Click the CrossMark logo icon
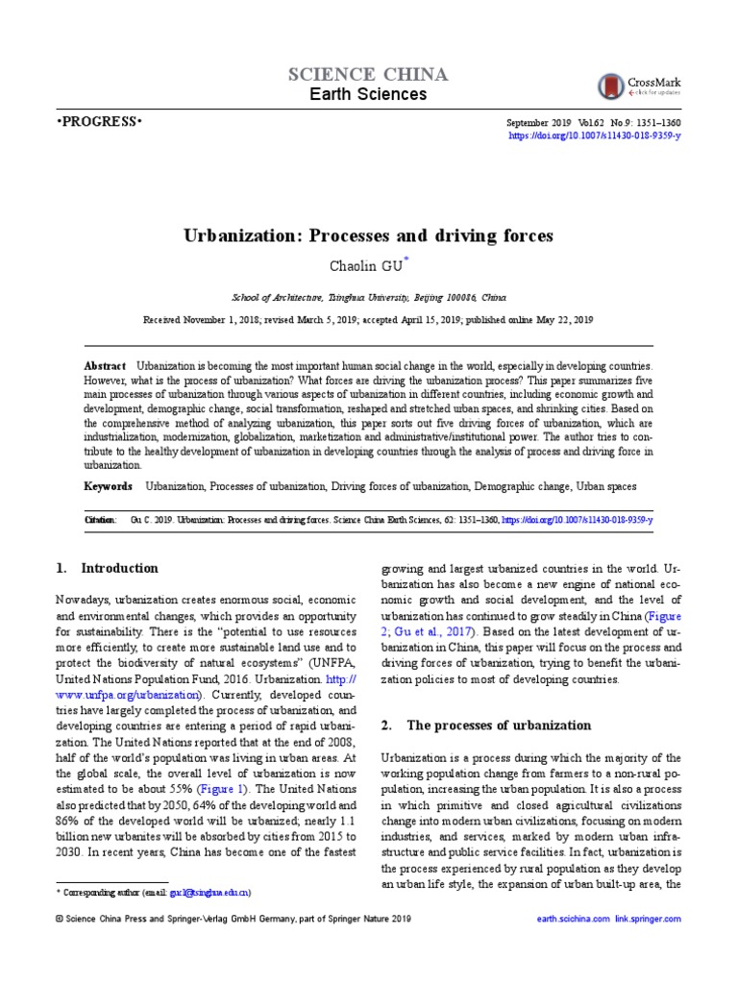click(x=610, y=86)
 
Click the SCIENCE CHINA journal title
click(x=368, y=75)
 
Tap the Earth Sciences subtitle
click(x=368, y=94)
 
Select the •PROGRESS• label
click(x=99, y=123)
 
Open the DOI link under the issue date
click(x=594, y=137)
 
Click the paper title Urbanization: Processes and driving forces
click(x=369, y=234)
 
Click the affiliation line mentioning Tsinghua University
click(x=369, y=298)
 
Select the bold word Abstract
click(x=105, y=367)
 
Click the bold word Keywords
click(x=109, y=486)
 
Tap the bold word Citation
click(x=99, y=520)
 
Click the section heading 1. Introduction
click(x=108, y=568)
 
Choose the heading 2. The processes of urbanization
click(x=487, y=725)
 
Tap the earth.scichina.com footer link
click(x=573, y=920)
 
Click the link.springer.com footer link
click(x=648, y=920)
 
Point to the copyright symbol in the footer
click(x=60, y=920)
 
